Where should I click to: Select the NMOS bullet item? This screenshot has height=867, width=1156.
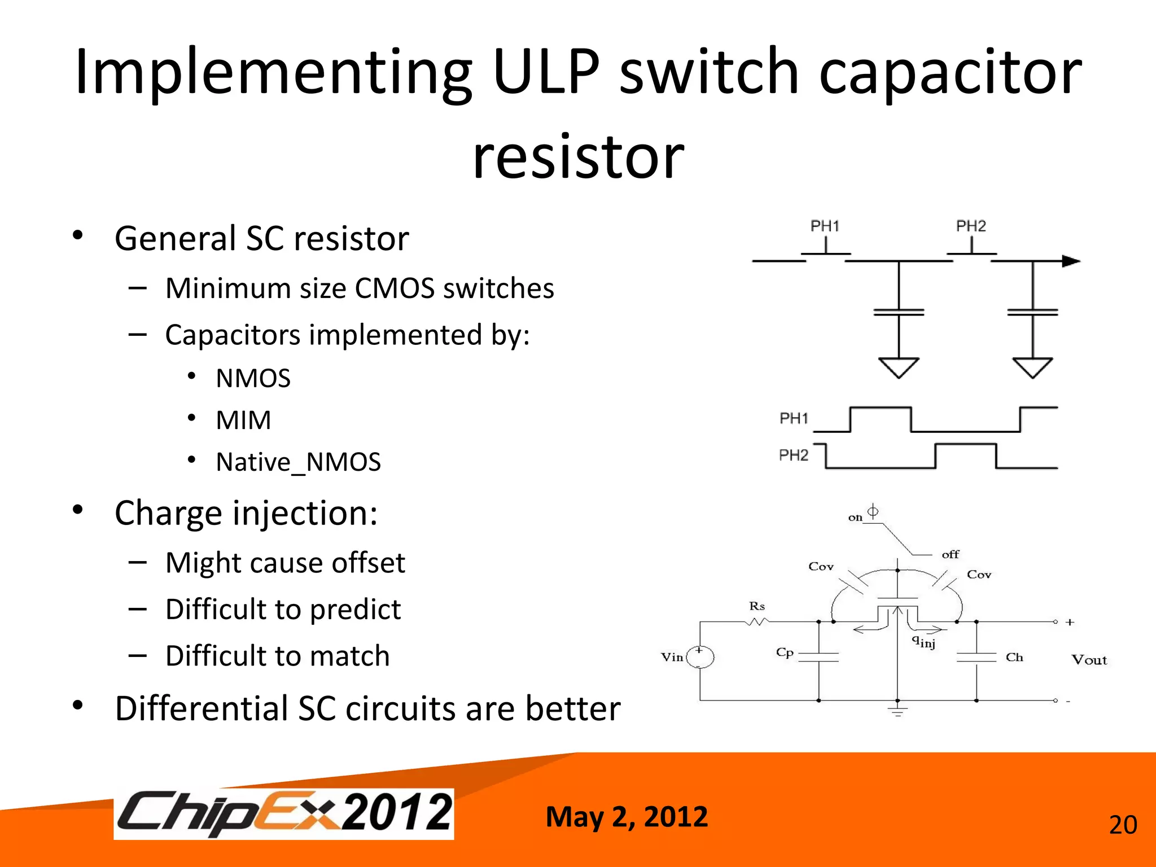pos(253,378)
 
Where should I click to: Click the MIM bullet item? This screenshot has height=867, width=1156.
pos(243,421)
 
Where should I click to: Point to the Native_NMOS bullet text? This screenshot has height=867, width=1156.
pos(298,462)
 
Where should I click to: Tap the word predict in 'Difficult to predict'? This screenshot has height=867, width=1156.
pos(355,610)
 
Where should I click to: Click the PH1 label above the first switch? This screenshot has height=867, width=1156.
pos(825,226)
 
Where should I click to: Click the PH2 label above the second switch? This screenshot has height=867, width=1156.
pos(970,226)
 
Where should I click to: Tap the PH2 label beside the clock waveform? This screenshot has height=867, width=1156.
pos(794,455)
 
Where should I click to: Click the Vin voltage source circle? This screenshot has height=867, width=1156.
pos(700,657)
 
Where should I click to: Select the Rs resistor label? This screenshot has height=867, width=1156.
pos(757,606)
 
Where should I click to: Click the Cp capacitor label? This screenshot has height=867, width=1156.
pos(785,653)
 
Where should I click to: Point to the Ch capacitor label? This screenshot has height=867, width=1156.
pos(1014,657)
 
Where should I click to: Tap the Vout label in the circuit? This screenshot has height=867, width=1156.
pos(1089,660)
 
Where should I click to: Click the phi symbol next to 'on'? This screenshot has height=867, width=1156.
pos(873,511)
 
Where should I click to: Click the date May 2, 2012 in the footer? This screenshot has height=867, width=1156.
pos(627,817)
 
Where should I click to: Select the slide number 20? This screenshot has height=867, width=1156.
pos(1123,825)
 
